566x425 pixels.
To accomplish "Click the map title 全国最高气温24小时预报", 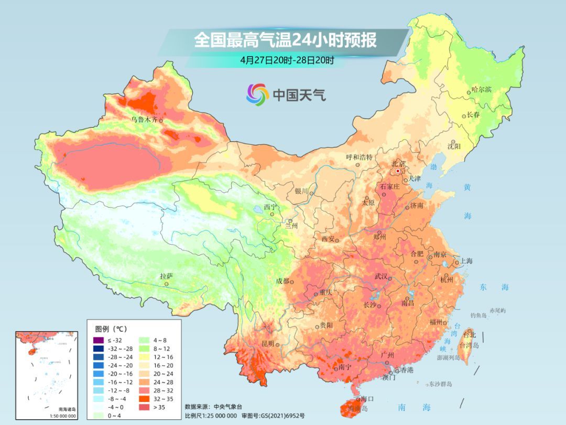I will pos(285,40).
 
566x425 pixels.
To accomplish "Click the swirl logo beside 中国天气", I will pos(257,94).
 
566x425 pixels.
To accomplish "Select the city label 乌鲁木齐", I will pos(144,120).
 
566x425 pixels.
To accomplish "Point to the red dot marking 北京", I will pos(398,171).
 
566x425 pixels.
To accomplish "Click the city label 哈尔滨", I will pos(482,90).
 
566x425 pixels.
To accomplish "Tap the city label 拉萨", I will pos(166,276).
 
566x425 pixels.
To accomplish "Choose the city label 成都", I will pos(282,281).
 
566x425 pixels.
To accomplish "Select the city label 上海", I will pos(466,261).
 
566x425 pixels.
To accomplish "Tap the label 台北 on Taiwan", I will pos(470,334).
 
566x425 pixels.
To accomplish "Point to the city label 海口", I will pos(367,399).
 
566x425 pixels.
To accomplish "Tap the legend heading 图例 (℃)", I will pos(111,329).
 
